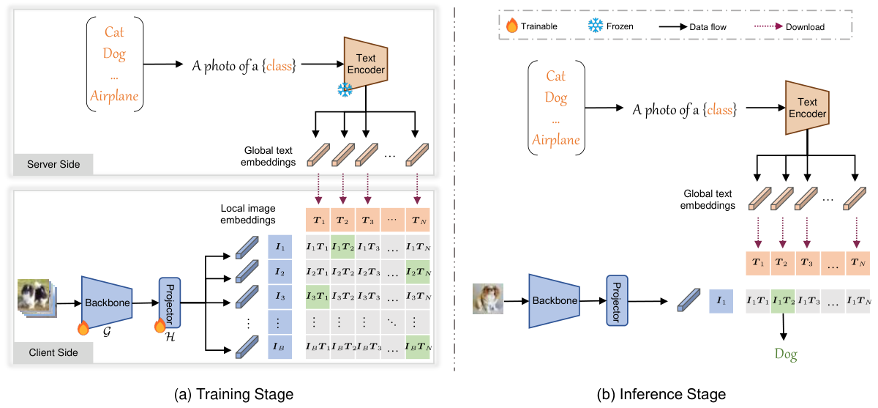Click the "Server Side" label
[52, 164]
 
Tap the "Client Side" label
[52, 353]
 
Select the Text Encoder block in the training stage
[364, 62]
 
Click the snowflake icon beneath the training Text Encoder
[345, 89]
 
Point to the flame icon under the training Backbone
[83, 328]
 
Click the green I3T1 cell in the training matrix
[318, 296]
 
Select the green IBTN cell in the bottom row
[418, 346]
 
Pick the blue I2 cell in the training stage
[280, 272]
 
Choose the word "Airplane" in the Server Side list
[114, 96]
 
